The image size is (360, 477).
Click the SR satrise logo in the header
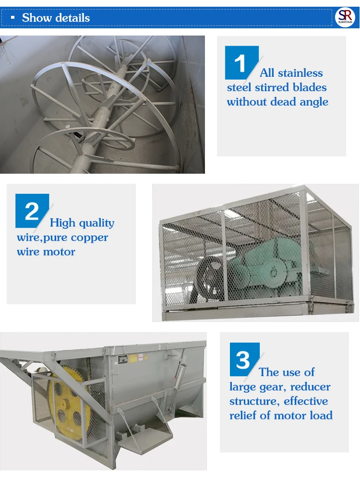[346, 17]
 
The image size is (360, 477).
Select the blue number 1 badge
[241, 63]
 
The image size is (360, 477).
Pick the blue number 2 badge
[32, 211]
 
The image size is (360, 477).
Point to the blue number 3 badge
[244, 359]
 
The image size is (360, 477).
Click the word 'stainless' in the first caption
[300, 73]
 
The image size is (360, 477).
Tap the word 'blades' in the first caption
[309, 88]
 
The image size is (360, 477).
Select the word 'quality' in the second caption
[96, 223]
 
